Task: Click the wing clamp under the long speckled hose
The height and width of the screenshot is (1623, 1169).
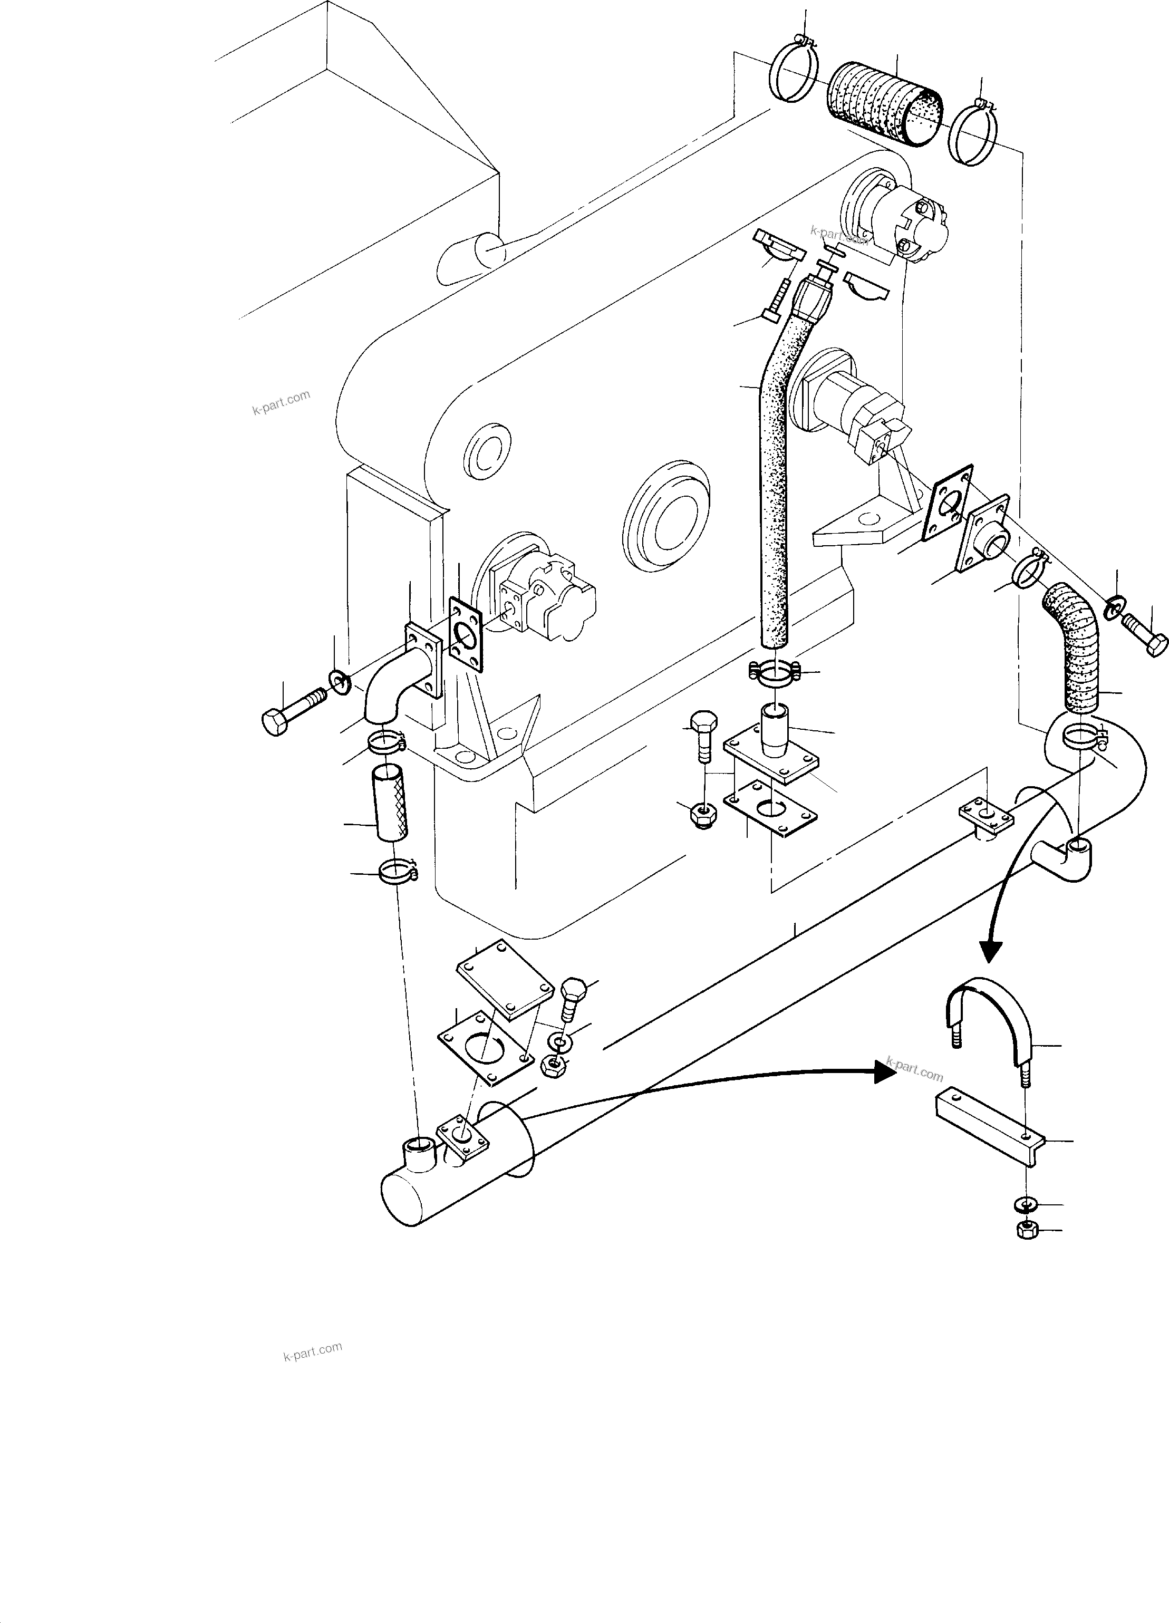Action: click(775, 672)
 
